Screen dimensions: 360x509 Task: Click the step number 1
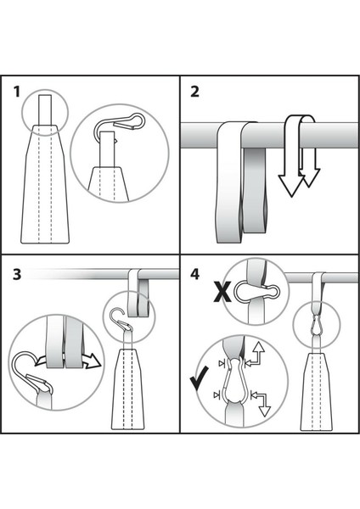(17, 92)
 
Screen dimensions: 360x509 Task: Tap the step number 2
(194, 92)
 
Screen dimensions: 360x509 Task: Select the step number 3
(17, 274)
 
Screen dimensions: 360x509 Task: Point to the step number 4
(194, 275)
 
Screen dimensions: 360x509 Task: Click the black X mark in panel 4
(222, 292)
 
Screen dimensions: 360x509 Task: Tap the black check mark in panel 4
(199, 378)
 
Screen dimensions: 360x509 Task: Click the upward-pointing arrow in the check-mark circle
(256, 354)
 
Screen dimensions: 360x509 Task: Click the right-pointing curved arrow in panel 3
(89, 361)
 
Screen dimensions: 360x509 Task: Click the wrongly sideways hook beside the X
(256, 291)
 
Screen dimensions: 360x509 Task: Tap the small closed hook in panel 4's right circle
(316, 325)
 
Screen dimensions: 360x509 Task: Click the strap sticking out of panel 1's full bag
(45, 110)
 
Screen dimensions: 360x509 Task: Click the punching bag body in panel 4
(316, 392)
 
